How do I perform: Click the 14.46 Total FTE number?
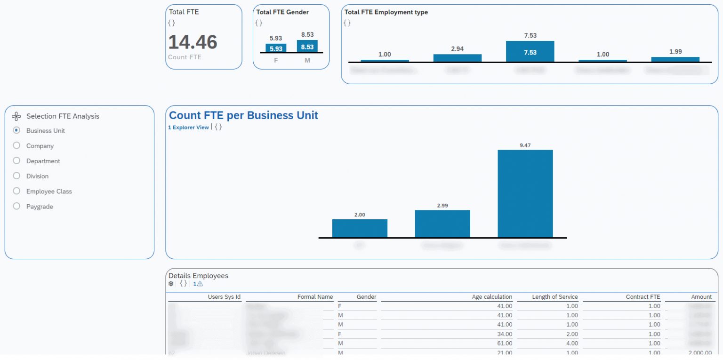click(193, 42)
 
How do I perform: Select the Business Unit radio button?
click(16, 130)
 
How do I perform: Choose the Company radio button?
click(16, 146)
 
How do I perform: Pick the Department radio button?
click(16, 161)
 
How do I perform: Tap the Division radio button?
click(16, 176)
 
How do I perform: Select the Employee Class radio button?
click(16, 191)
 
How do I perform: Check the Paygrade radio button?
click(16, 206)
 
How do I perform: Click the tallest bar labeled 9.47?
click(525, 193)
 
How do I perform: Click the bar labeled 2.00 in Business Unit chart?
click(360, 228)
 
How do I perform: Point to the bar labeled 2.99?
click(442, 224)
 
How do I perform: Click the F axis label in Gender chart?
click(276, 60)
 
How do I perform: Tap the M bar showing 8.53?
click(307, 47)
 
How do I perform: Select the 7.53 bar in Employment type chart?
click(530, 52)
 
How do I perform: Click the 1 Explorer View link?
click(188, 128)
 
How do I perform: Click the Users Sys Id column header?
click(224, 297)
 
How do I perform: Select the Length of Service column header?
click(554, 297)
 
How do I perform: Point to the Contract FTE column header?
click(643, 297)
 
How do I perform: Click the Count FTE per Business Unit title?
click(243, 115)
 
